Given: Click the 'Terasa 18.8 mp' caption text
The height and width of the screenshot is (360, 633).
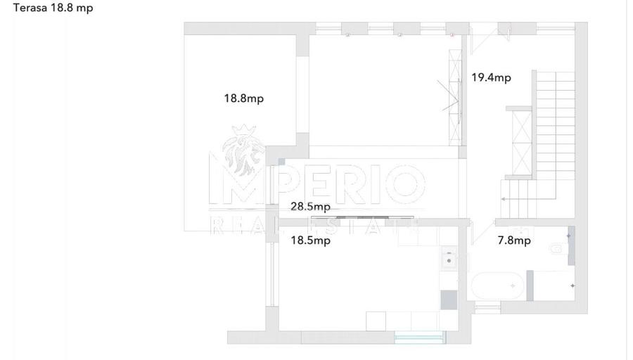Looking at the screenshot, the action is point(53,8).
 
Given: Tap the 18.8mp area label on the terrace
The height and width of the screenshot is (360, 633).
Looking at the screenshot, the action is point(244,98).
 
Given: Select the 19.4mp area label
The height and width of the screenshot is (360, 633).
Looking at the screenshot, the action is point(492,77).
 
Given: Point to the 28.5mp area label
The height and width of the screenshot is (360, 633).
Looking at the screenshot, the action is point(310,206).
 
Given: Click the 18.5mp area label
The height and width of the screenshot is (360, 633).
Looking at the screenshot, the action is point(310,240).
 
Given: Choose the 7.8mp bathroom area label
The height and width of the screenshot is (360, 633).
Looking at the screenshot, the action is point(514,240).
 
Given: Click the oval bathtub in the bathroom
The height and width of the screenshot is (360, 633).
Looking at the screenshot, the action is point(498,285).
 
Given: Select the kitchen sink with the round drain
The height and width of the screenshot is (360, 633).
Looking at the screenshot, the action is point(449,257).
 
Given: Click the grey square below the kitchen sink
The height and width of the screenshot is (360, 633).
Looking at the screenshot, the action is point(449,300).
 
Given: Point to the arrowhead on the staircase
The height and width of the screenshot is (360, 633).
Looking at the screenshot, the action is point(503,199).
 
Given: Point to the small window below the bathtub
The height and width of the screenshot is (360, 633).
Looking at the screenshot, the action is point(487,309).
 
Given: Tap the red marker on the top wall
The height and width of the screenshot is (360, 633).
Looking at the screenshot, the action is point(452,35).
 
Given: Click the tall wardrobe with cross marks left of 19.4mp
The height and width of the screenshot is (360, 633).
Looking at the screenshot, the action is point(455,97).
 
